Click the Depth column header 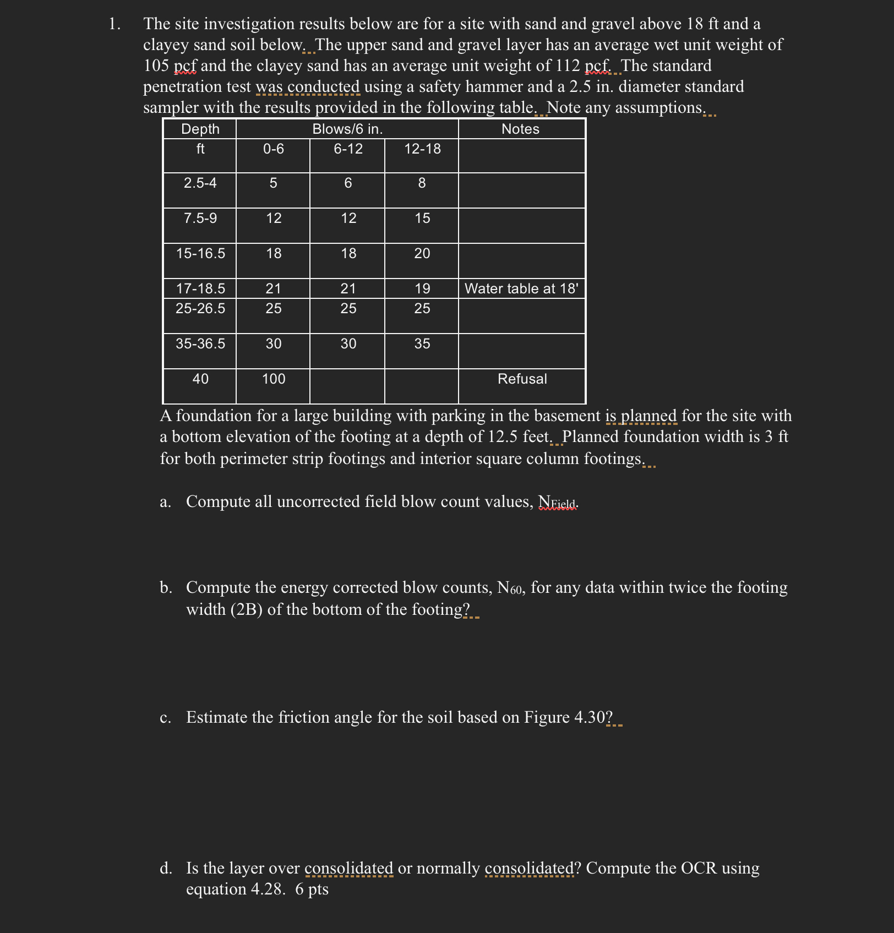[200, 129]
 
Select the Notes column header [520, 129]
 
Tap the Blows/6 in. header [347, 129]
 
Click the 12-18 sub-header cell [422, 149]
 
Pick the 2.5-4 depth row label [200, 183]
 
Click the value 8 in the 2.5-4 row [422, 183]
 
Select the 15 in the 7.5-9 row [422, 218]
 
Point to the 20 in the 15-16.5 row [422, 253]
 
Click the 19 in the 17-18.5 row [422, 288]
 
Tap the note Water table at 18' [521, 288]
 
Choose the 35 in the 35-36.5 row [422, 343]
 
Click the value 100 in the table [274, 379]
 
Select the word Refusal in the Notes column [522, 379]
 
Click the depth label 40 [200, 379]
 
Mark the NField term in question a [557, 502]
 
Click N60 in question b [509, 588]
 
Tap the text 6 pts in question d [312, 889]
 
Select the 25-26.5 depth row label [200, 308]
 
